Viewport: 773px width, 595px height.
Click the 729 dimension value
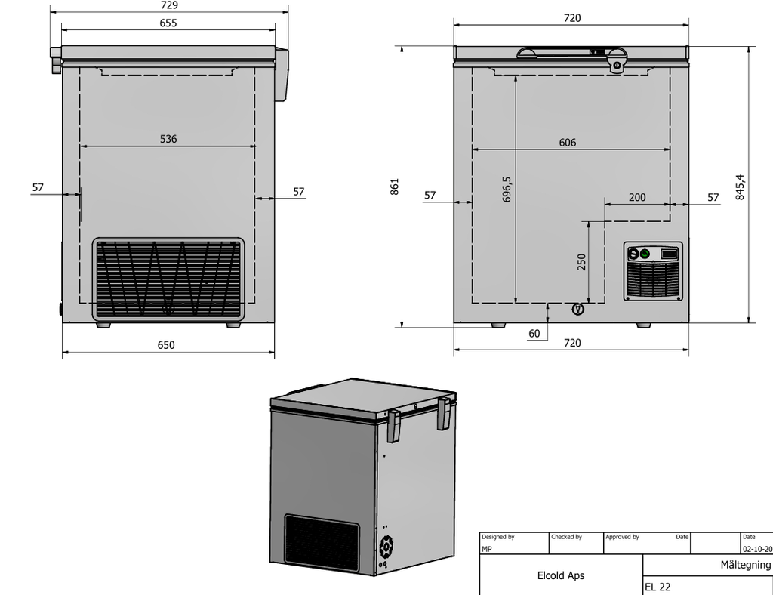click(x=169, y=5)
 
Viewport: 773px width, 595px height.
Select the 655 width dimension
click(x=168, y=23)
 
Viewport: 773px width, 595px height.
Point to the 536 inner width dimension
click(x=168, y=139)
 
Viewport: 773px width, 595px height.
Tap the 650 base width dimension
click(x=166, y=345)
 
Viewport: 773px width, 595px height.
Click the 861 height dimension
click(x=395, y=187)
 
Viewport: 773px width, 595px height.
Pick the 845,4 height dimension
click(x=740, y=187)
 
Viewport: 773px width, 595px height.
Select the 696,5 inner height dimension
click(x=507, y=190)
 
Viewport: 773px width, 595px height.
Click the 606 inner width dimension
click(x=568, y=143)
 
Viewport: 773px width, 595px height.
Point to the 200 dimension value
click(x=637, y=197)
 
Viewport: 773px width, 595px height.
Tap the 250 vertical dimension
click(x=582, y=262)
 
